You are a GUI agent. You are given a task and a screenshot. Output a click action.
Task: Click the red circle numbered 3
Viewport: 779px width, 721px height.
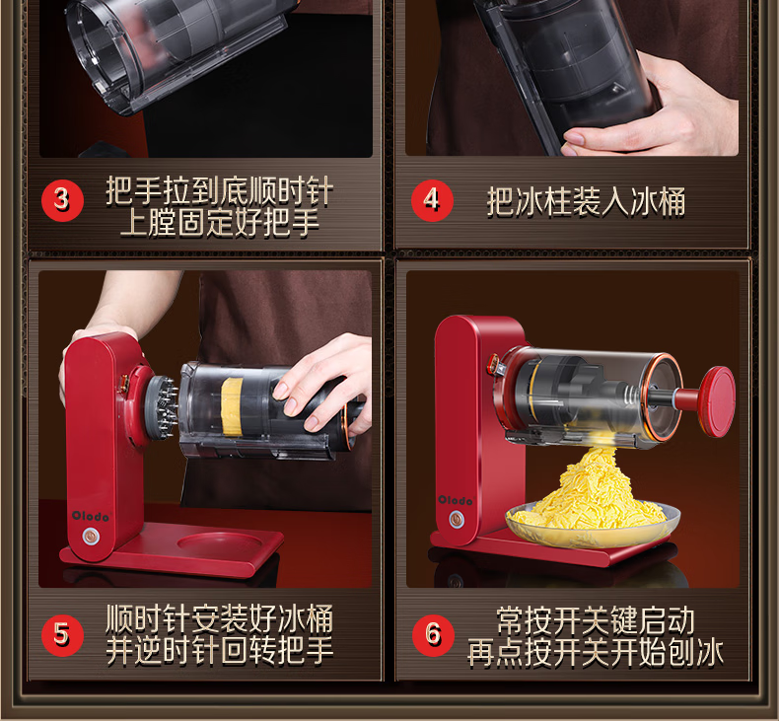pyautogui.click(x=62, y=200)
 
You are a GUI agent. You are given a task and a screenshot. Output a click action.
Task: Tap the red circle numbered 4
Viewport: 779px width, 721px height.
pyautogui.click(x=432, y=200)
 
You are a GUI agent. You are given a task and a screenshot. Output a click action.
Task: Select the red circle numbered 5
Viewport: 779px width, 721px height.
pyautogui.click(x=62, y=635)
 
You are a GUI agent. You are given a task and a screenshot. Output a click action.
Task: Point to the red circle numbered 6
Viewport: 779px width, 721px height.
pyautogui.click(x=433, y=635)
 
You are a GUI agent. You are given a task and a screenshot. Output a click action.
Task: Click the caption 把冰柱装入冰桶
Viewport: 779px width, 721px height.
pyautogui.click(x=587, y=202)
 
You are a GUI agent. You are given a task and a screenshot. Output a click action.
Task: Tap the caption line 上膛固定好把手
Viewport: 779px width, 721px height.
pyautogui.click(x=219, y=223)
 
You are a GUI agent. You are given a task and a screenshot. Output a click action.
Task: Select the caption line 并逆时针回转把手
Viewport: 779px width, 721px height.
pyautogui.click(x=219, y=650)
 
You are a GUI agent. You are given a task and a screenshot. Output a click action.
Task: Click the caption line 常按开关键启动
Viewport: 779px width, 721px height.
pyautogui.click(x=596, y=620)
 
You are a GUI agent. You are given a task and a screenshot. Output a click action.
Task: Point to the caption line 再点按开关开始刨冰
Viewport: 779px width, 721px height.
pyautogui.click(x=596, y=652)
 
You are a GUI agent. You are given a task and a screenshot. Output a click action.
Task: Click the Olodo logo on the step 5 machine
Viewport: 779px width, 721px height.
pyautogui.click(x=90, y=516)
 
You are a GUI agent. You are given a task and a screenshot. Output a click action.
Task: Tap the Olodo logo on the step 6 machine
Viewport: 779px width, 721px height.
pyautogui.click(x=456, y=500)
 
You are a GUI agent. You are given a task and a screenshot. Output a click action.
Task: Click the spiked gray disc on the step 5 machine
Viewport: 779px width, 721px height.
pyautogui.click(x=161, y=406)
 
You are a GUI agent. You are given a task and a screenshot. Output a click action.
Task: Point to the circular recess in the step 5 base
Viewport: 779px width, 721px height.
pyautogui.click(x=219, y=542)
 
